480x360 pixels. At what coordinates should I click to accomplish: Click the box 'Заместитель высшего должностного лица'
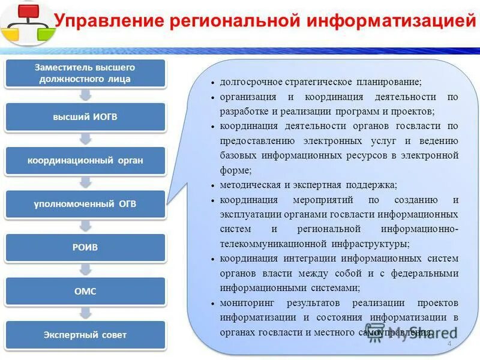[86, 73]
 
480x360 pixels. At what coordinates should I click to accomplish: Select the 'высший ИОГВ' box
[86, 116]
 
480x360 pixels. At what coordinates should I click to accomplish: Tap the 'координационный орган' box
[86, 160]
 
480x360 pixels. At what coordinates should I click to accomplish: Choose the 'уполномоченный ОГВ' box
[86, 204]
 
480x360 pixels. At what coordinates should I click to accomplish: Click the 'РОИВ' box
[86, 247]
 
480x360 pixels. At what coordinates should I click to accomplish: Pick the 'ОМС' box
[86, 291]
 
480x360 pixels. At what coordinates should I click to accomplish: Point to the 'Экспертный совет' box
[86, 335]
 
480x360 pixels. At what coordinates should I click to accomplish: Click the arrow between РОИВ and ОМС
[86, 269]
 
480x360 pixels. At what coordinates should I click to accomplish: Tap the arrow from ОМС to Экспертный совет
[86, 313]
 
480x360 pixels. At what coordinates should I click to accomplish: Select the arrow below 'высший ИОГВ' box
[86, 139]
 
